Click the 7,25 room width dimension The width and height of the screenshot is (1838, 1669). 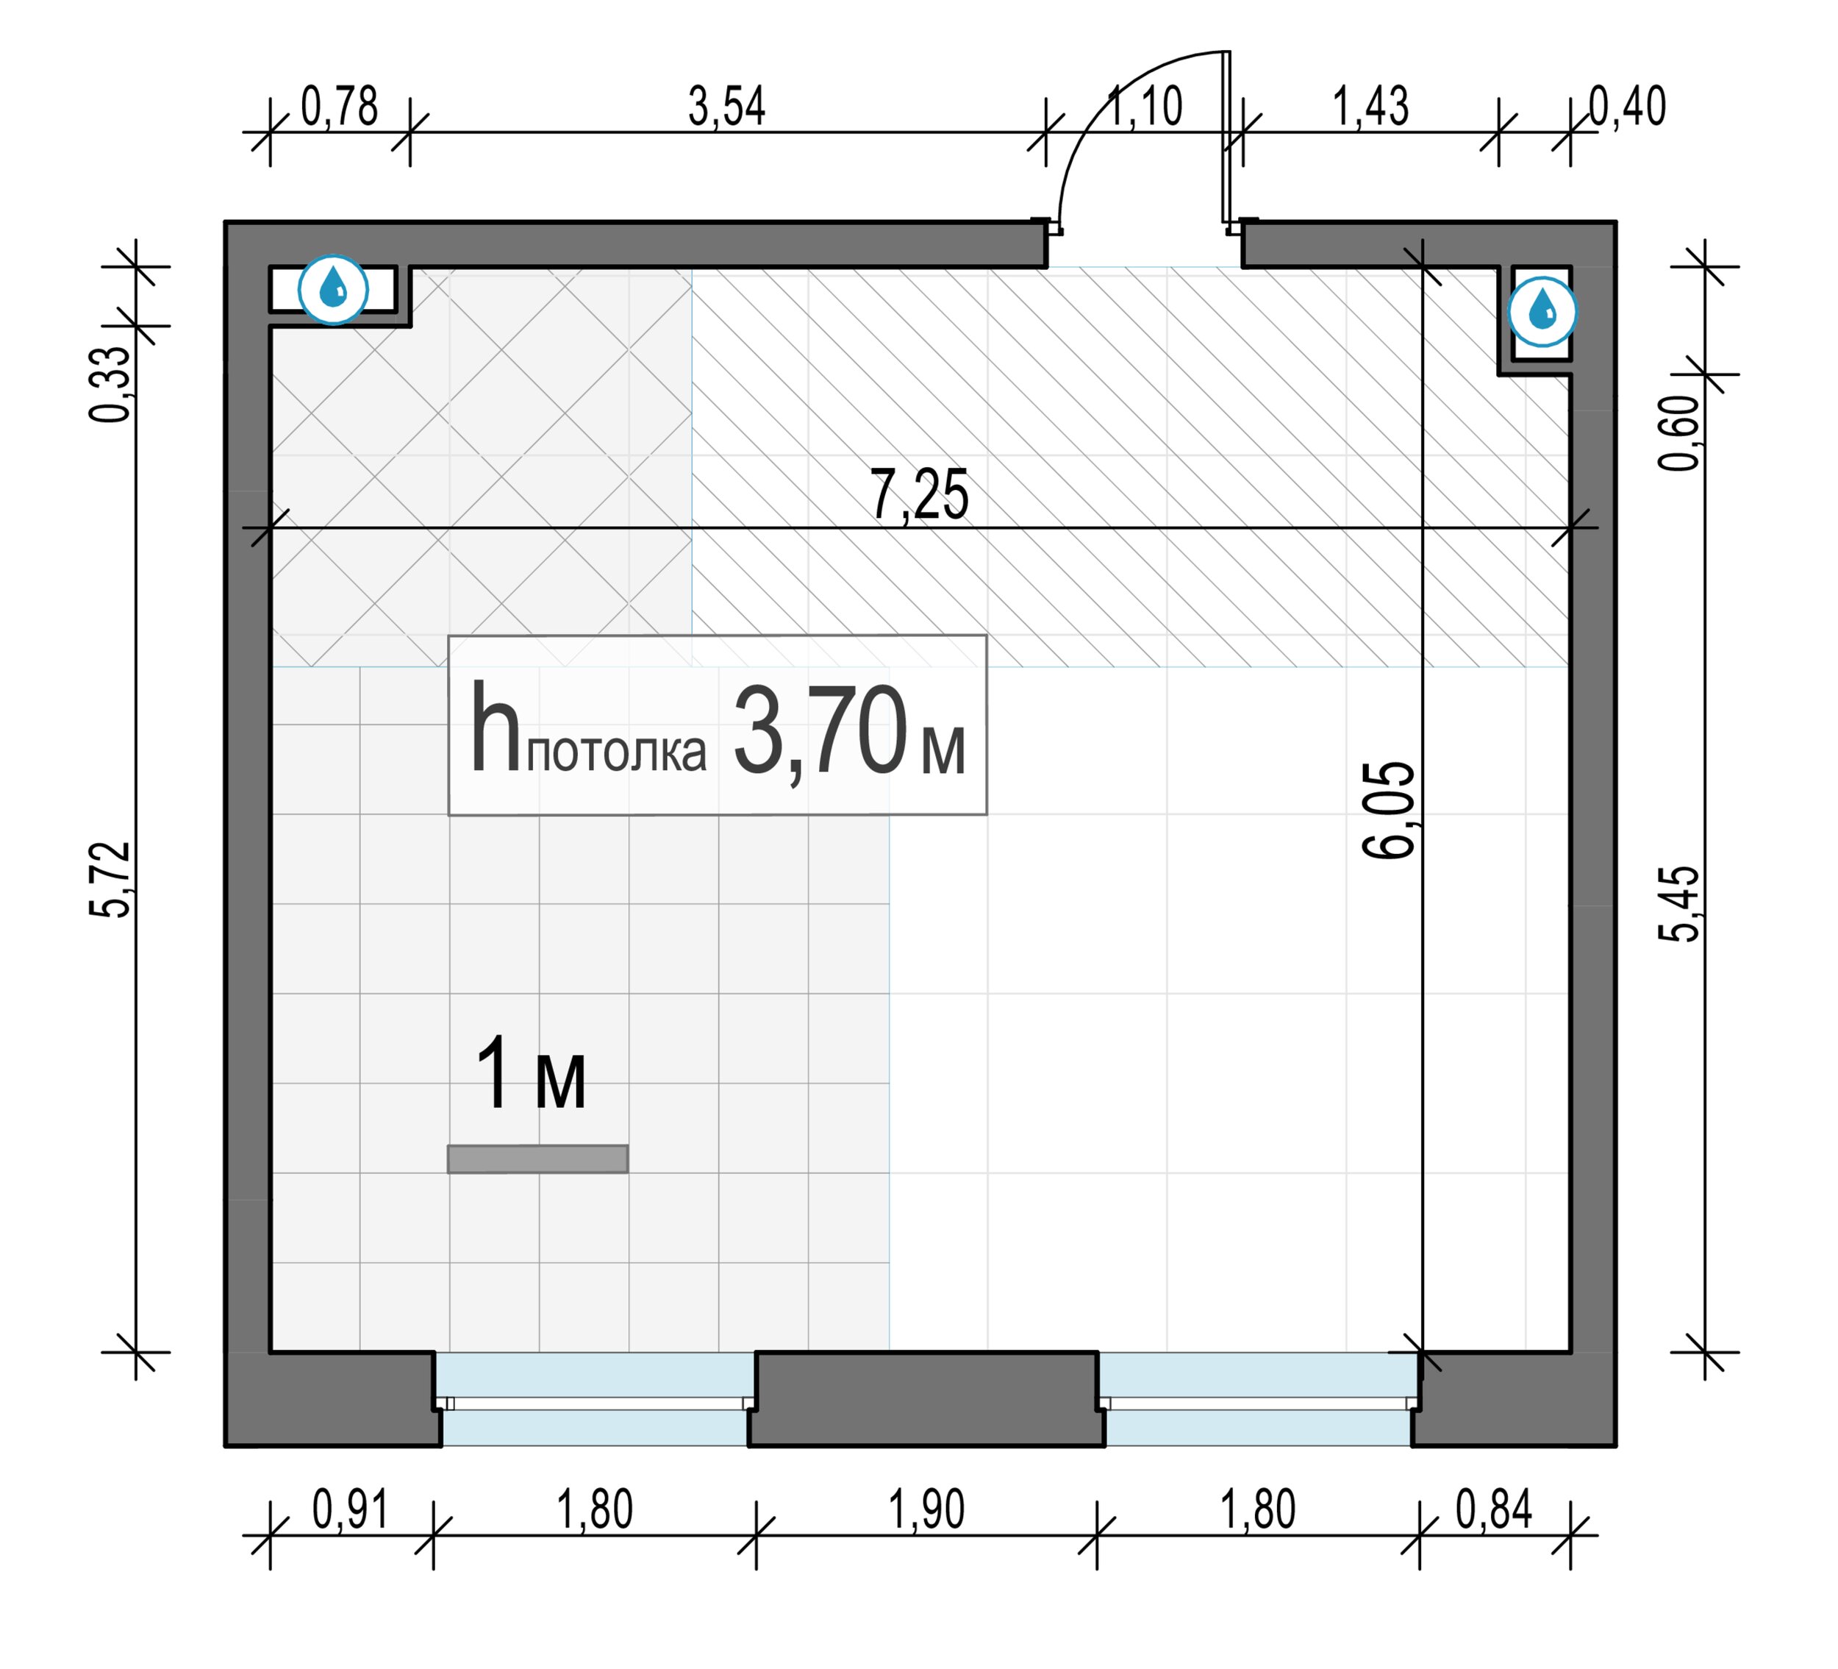coord(919,494)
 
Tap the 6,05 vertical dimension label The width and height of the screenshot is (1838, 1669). coord(1389,810)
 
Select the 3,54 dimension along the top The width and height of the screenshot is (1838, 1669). coord(726,106)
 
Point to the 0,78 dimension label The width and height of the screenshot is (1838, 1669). coord(339,106)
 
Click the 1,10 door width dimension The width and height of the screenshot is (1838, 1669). coord(1145,106)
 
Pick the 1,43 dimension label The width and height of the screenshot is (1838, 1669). coord(1371,106)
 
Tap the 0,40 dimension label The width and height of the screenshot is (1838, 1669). coord(1628,106)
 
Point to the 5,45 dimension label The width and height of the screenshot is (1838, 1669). coord(1679,903)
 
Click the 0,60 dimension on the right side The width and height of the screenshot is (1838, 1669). coord(1679,433)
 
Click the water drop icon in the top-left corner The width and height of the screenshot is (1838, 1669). coord(334,290)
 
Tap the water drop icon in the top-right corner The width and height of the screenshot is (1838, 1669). coord(1542,312)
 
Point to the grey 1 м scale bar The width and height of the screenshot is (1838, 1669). coord(538,1159)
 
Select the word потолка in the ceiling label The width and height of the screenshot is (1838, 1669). coord(616,754)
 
